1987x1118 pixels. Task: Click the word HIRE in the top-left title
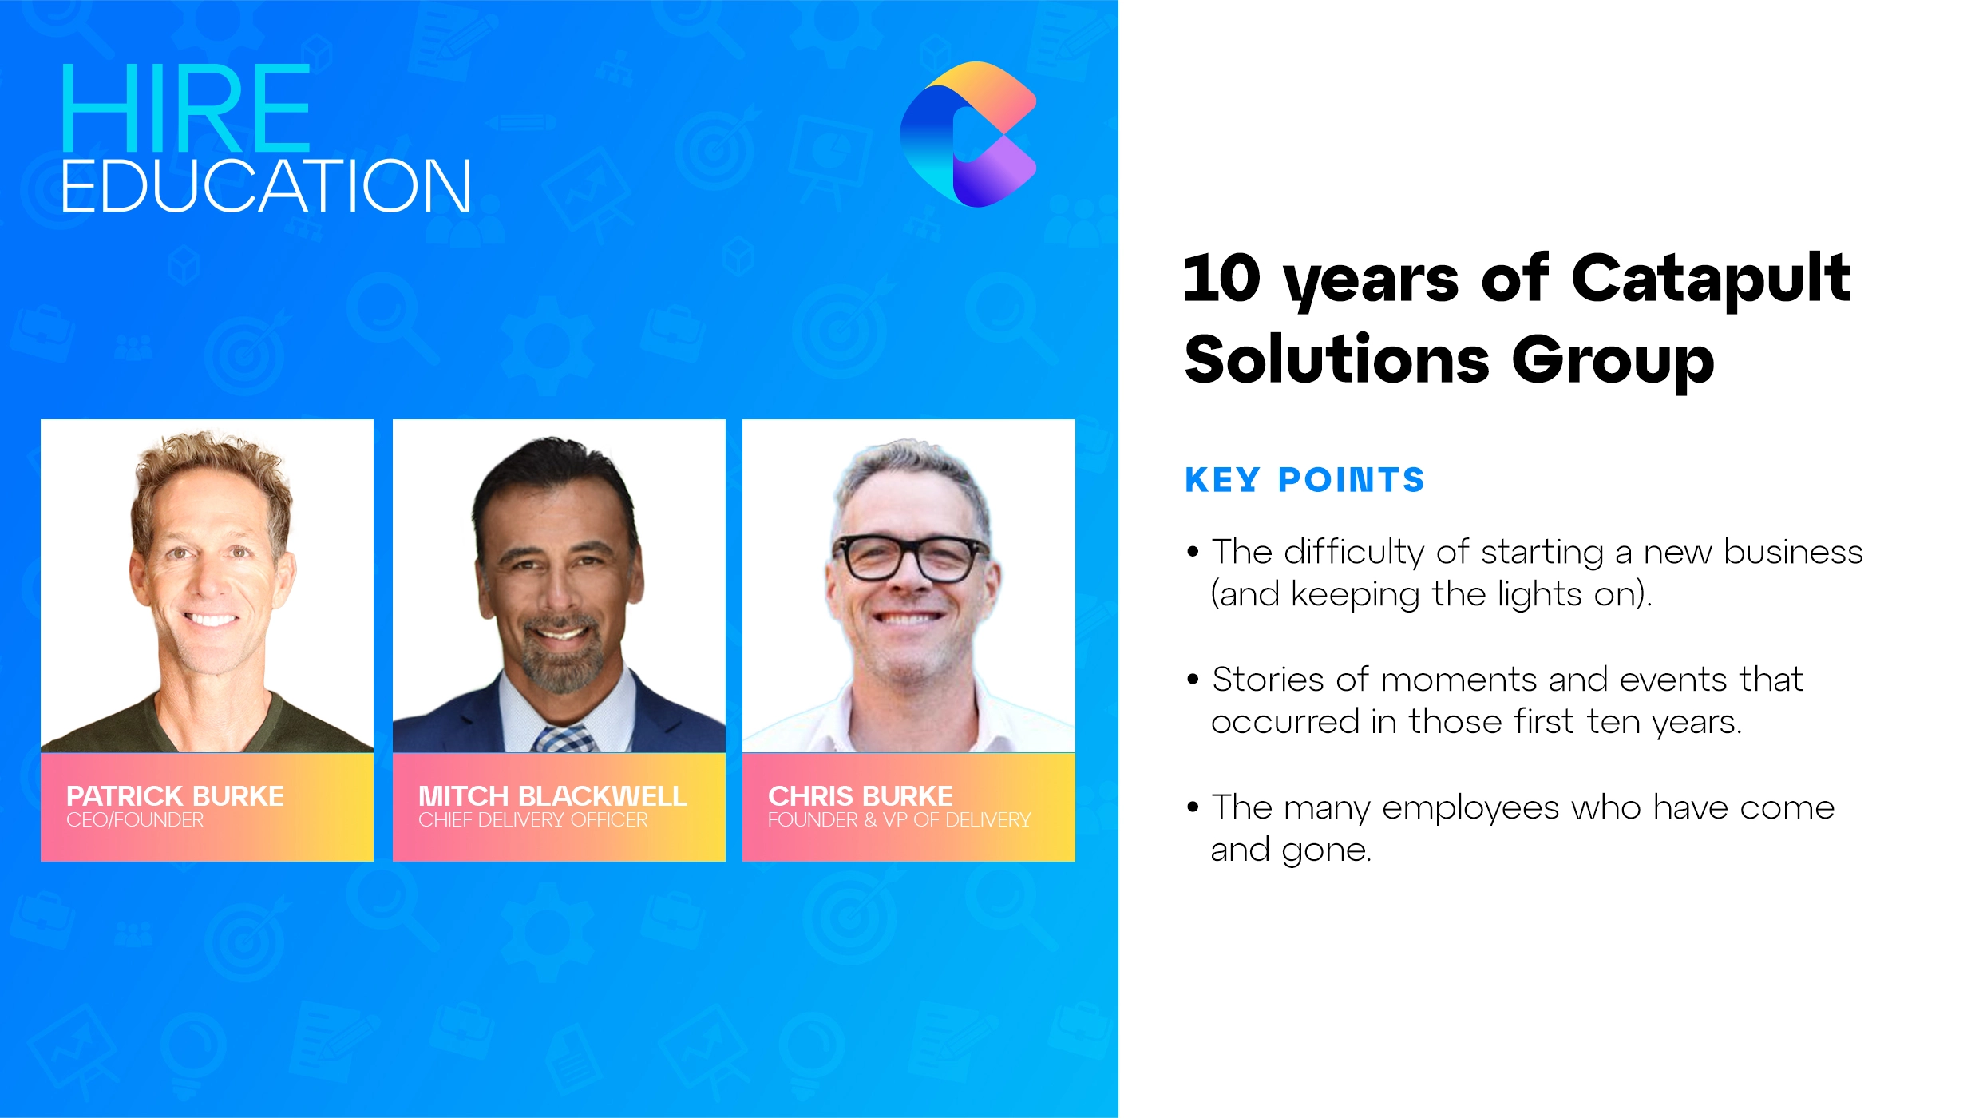click(x=185, y=109)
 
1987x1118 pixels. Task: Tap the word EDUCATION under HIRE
click(x=266, y=186)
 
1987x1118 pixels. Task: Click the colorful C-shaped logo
click(x=968, y=133)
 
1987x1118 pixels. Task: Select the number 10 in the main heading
click(x=1221, y=279)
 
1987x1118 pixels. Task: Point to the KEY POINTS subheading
click(x=1304, y=480)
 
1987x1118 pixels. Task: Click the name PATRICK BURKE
click(x=175, y=795)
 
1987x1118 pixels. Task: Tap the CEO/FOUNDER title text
click(x=134, y=820)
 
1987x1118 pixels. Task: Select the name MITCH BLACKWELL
click(x=552, y=795)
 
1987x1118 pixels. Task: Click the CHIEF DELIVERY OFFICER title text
click(x=532, y=820)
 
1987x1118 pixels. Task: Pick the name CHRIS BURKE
click(x=860, y=795)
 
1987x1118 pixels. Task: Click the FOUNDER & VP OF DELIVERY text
click(x=899, y=820)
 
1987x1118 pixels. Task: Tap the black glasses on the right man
click(x=910, y=557)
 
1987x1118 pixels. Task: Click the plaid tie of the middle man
click(x=564, y=739)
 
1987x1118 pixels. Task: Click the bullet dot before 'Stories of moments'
click(x=1193, y=680)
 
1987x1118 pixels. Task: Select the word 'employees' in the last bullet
click(x=1470, y=807)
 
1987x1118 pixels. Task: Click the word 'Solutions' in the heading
click(x=1336, y=359)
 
